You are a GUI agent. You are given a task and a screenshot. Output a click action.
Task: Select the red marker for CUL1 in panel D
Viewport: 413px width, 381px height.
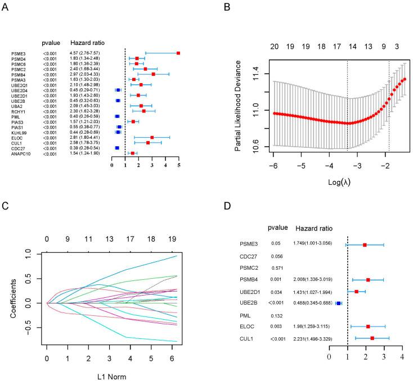coord(372,338)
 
